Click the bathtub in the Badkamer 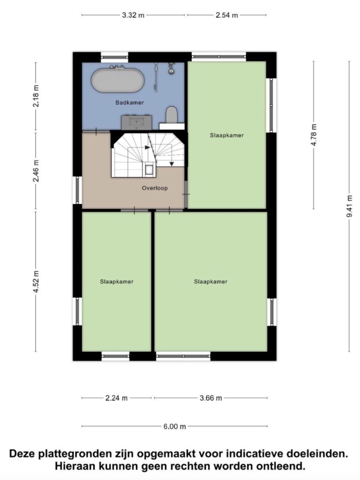[x=117, y=80]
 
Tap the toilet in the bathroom [x=172, y=114]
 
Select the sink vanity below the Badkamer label [x=136, y=122]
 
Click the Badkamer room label [x=129, y=103]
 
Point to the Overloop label [x=155, y=188]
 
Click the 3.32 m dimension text [x=133, y=15]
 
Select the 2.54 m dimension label [x=227, y=15]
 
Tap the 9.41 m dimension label [x=349, y=206]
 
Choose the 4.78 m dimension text [x=314, y=135]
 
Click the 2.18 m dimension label [x=36, y=96]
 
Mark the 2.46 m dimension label [x=36, y=171]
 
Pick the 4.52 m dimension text [x=36, y=281]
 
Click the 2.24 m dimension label [x=116, y=398]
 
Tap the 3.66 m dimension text [x=210, y=398]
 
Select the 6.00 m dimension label [x=174, y=427]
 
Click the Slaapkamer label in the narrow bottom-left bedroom [x=117, y=282]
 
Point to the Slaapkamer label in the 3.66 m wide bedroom [x=210, y=282]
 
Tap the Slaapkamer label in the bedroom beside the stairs [x=227, y=135]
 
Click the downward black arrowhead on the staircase [x=172, y=165]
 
